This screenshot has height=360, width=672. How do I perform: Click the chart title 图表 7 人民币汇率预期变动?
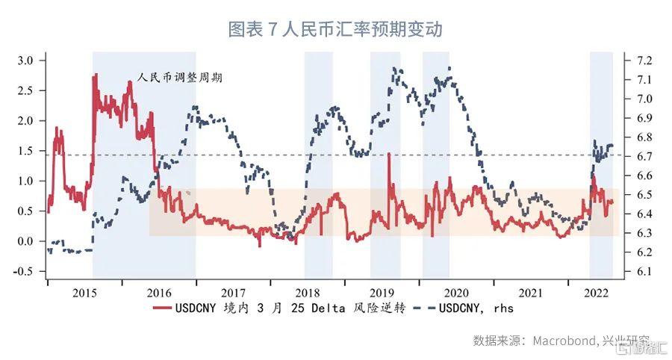pos(335,29)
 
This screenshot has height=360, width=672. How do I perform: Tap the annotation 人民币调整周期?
pos(181,77)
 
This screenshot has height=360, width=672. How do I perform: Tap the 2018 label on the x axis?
pos(308,293)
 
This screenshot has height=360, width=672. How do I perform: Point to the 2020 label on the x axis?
pos(456,293)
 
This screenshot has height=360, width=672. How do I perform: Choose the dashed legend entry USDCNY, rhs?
pos(475,308)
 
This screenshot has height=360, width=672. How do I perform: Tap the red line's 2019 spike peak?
pos(389,155)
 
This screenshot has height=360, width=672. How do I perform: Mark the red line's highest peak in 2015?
pos(95,74)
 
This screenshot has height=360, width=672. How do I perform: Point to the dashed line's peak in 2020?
pos(449,68)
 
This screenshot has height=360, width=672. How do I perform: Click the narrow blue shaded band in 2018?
pos(318,164)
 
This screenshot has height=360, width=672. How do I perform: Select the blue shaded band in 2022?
pos(601,164)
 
